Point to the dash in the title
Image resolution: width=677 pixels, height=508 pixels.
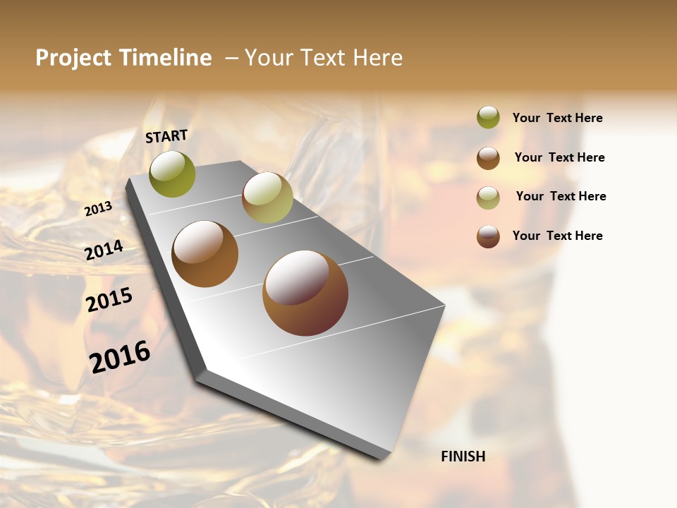click(x=231, y=59)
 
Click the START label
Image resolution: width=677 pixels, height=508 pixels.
click(x=166, y=136)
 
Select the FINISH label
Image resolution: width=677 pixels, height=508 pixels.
click(x=463, y=456)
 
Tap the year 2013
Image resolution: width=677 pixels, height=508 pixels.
click(x=99, y=208)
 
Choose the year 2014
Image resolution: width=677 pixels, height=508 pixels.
click(x=104, y=250)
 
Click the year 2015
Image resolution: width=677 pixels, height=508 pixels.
click(x=109, y=300)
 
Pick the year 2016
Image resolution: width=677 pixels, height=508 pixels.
click(x=120, y=357)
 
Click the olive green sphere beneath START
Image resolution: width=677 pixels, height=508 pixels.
click(x=173, y=174)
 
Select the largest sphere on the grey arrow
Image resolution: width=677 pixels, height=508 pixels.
click(x=305, y=293)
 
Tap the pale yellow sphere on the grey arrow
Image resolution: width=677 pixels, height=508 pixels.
click(x=267, y=197)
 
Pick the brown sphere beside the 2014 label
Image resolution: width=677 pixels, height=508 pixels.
click(x=205, y=254)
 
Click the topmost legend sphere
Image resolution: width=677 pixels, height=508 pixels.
click(x=488, y=118)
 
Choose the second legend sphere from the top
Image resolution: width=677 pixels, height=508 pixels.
click(x=488, y=158)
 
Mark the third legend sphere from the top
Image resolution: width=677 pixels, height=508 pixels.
click(x=488, y=198)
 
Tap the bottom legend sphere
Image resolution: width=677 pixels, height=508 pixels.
click(x=488, y=236)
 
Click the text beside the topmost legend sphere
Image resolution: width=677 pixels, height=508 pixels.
click(x=557, y=119)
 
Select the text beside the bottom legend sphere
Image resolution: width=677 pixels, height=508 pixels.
click(x=557, y=236)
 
